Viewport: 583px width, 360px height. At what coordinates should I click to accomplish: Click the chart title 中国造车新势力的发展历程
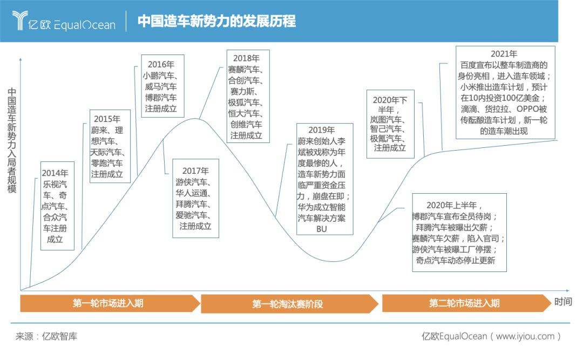pyautogui.click(x=216, y=21)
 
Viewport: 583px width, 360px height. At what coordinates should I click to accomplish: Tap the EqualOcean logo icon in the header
pyautogui.click(x=21, y=21)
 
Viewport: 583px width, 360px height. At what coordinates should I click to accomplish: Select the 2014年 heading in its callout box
pyautogui.click(x=55, y=173)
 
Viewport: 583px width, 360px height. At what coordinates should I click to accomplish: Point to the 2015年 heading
pyautogui.click(x=107, y=119)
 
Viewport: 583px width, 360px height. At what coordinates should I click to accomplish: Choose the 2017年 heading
pyautogui.click(x=195, y=171)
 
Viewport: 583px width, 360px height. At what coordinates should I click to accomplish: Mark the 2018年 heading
pyautogui.click(x=246, y=58)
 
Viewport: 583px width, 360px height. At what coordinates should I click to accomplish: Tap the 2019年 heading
pyautogui.click(x=322, y=130)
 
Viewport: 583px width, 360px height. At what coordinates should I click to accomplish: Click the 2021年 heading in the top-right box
pyautogui.click(x=504, y=54)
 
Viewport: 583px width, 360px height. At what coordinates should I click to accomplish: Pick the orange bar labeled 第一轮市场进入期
pyautogui.click(x=108, y=303)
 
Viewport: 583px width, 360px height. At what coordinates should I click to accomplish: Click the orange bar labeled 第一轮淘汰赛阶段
pyautogui.click(x=287, y=304)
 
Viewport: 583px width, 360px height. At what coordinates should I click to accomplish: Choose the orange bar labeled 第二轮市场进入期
pyautogui.click(x=464, y=303)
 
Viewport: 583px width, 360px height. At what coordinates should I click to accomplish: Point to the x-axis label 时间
pyautogui.click(x=562, y=302)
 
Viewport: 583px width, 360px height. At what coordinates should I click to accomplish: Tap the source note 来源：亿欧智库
pyautogui.click(x=46, y=336)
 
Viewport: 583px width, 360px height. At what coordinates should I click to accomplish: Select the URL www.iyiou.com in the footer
pyautogui.click(x=525, y=336)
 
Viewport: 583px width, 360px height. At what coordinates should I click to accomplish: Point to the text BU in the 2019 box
pyautogui.click(x=322, y=229)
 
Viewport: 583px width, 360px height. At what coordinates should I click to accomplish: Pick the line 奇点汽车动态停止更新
pyautogui.click(x=453, y=261)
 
